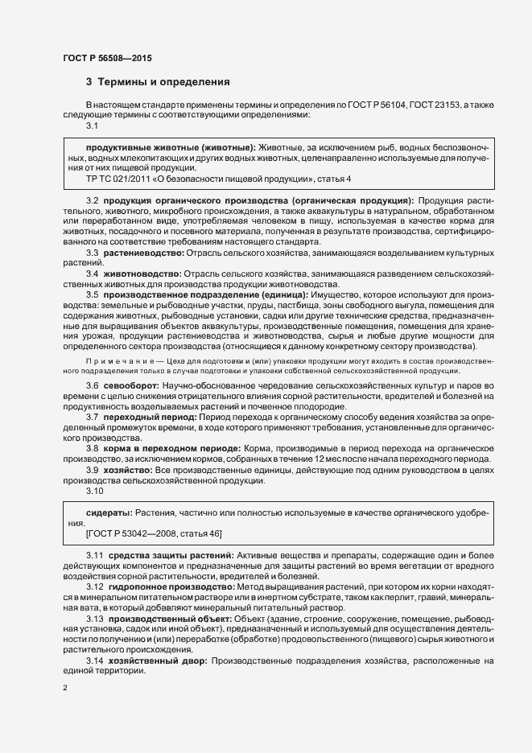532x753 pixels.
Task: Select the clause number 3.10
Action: coord(96,490)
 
